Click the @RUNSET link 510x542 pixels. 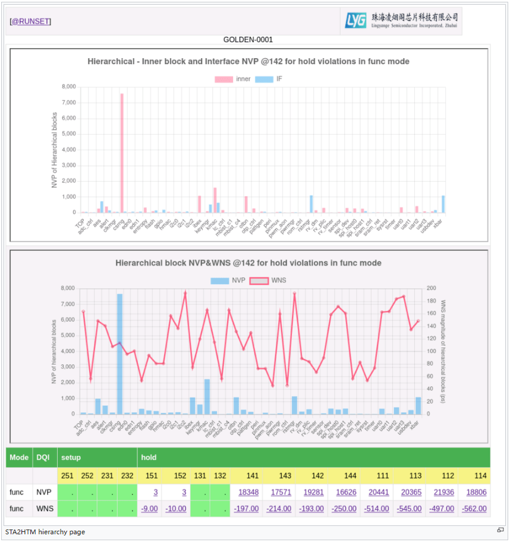(x=30, y=21)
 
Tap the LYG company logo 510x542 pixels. (x=401, y=21)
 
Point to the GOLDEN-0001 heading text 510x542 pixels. (x=248, y=40)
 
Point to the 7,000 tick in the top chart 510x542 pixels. (x=69, y=102)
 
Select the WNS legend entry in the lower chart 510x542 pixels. (x=269, y=280)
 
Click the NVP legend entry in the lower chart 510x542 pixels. (x=229, y=280)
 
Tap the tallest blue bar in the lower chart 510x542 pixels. (x=119, y=354)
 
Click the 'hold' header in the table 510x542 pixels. (x=149, y=458)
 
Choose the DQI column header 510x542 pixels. (x=42, y=458)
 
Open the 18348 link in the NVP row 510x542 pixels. (x=248, y=492)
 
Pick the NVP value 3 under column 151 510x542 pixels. (x=155, y=492)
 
